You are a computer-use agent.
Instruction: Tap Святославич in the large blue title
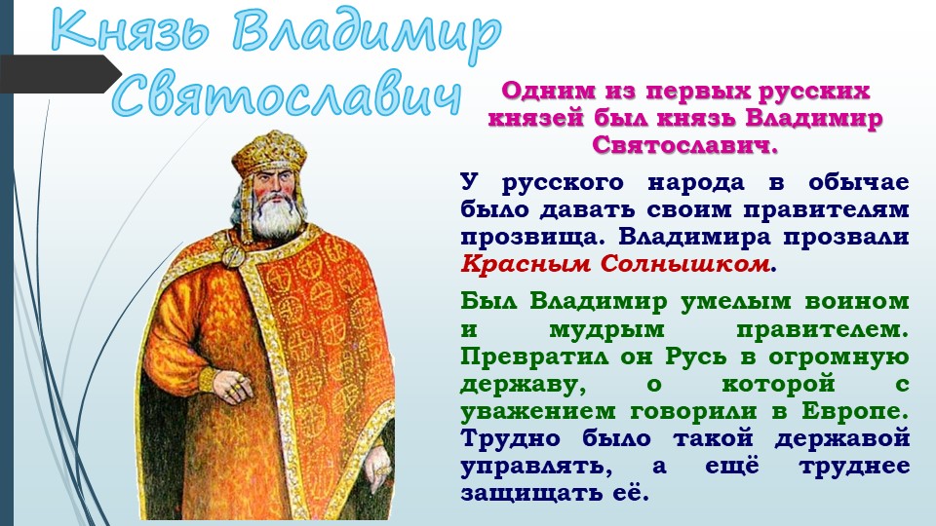[287, 95]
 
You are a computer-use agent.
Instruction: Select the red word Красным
[526, 264]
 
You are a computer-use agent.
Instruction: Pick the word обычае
[859, 182]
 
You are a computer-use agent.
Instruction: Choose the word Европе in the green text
[854, 411]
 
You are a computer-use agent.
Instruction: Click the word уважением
[538, 411]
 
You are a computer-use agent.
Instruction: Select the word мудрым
[605, 329]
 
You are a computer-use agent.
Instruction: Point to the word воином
[857, 301]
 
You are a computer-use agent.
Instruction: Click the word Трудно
[510, 438]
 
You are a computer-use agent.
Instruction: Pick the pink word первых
[698, 92]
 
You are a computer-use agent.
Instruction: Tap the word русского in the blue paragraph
[563, 183]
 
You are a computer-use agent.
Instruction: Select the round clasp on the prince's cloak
[233, 256]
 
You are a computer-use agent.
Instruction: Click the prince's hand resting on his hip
[233, 386]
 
